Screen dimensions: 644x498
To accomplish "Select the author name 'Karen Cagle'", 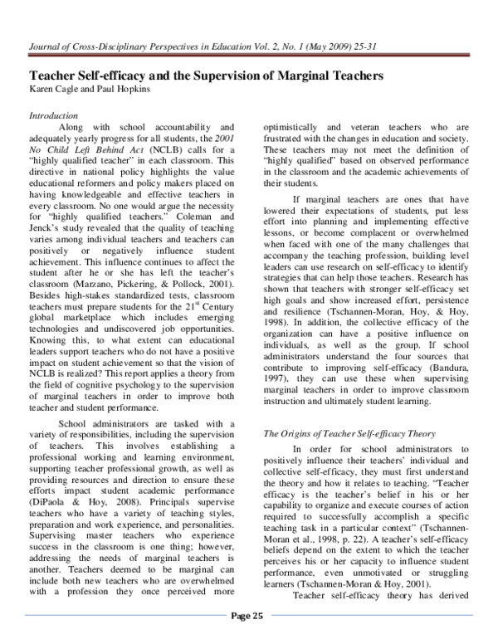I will coord(53,87).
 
